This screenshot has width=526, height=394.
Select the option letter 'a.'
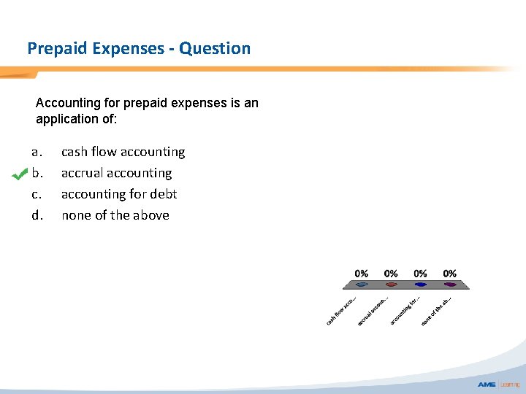37,152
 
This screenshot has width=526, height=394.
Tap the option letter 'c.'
37,194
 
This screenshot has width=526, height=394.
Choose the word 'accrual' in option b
82,173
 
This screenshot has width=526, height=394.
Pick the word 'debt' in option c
163,194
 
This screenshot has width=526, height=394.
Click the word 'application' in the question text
68,118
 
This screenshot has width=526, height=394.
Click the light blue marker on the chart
362,285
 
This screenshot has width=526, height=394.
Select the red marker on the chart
392,285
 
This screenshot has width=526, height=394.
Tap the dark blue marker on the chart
421,285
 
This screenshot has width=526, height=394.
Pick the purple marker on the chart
450,285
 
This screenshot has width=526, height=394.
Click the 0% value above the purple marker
450,274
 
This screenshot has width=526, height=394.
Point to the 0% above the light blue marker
362,274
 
